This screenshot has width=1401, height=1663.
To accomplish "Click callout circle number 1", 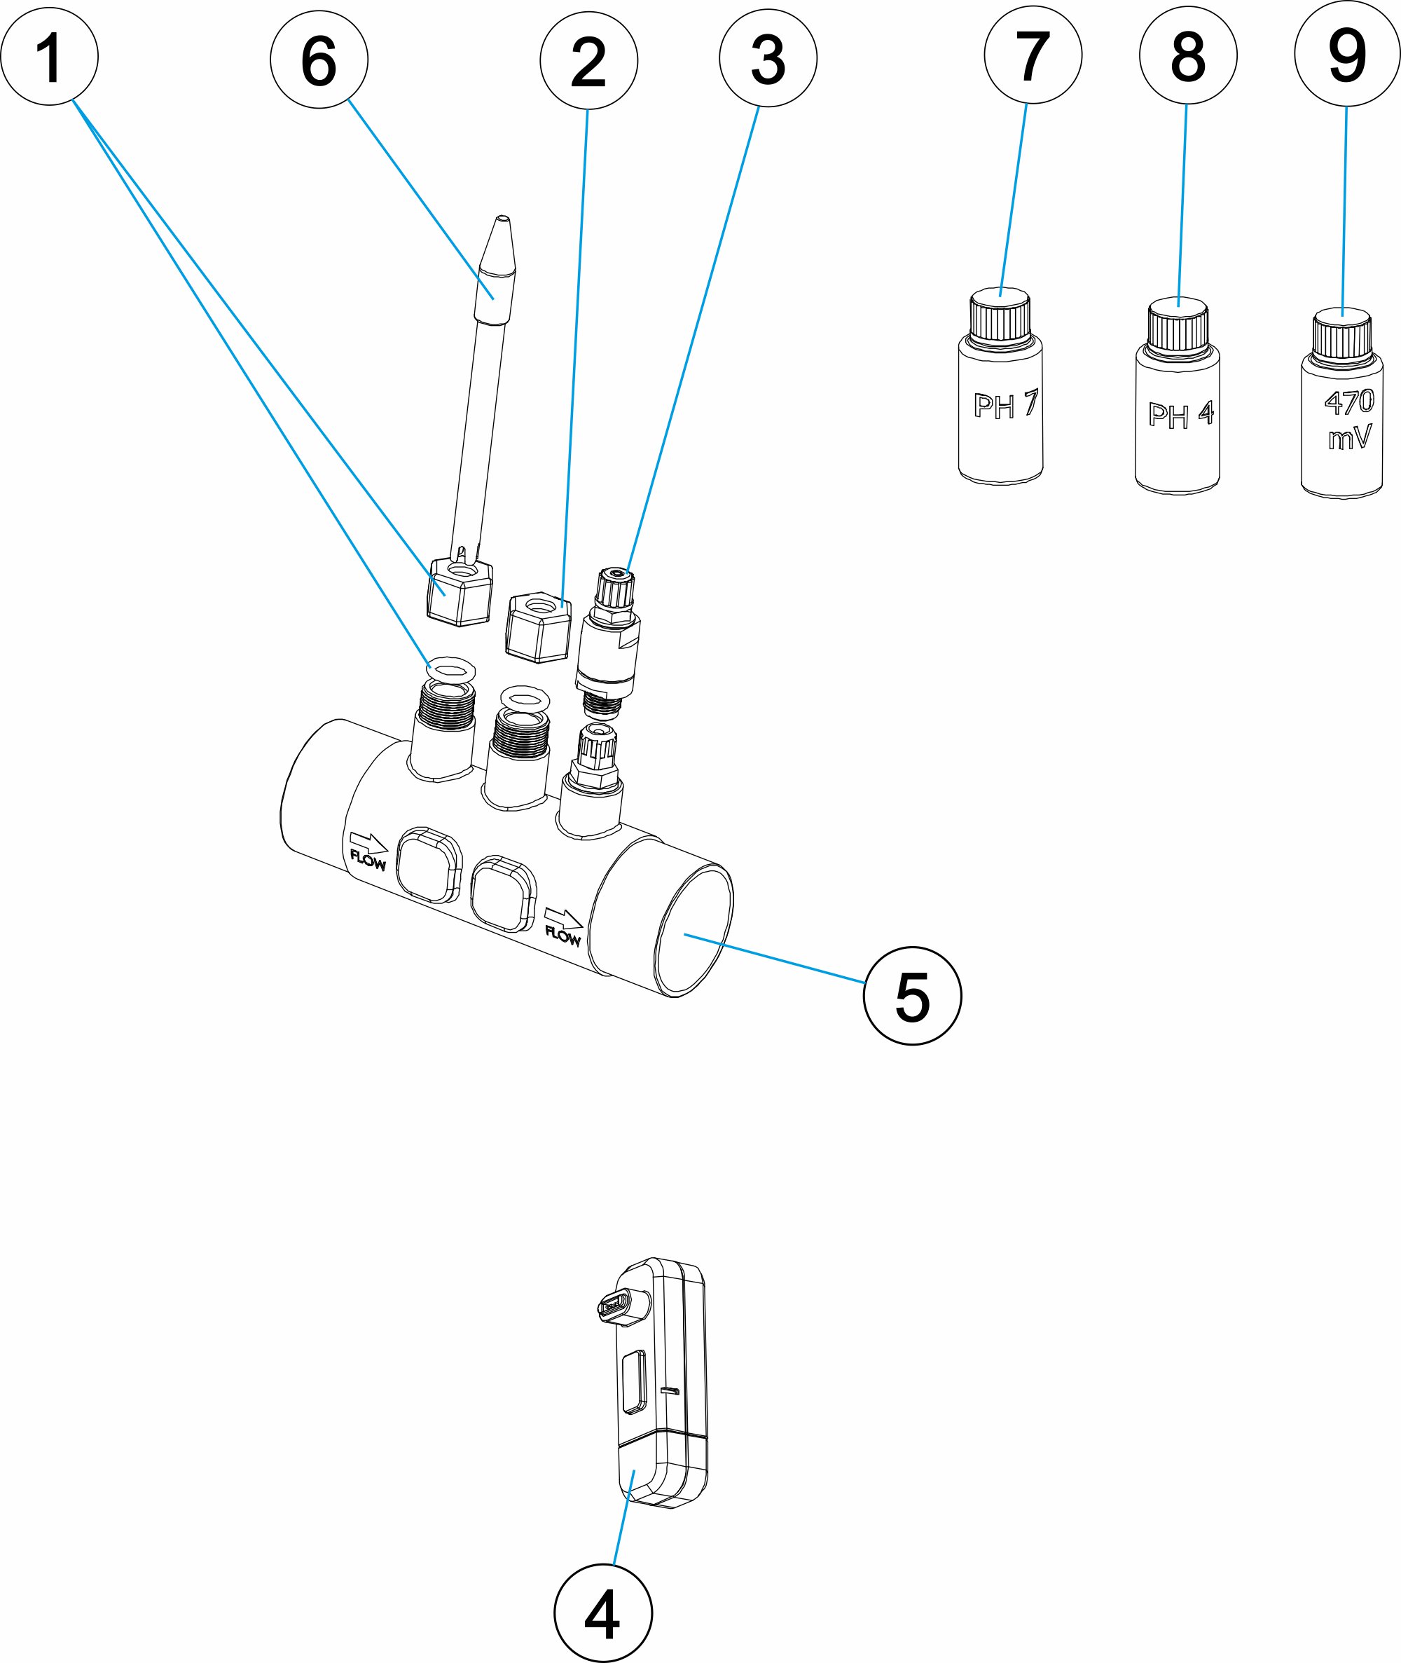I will tap(49, 57).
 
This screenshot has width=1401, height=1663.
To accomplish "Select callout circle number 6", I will tap(319, 60).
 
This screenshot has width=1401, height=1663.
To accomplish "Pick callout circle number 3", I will tap(768, 59).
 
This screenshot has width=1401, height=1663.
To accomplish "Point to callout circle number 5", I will tap(912, 996).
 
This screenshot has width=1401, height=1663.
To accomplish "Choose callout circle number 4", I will tap(603, 1613).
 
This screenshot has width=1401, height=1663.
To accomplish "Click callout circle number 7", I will tap(1033, 55).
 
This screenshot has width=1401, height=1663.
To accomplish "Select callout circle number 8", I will tap(1187, 55).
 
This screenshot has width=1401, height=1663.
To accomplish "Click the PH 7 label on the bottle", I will tap(1005, 404).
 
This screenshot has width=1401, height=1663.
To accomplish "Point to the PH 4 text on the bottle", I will tap(1180, 414).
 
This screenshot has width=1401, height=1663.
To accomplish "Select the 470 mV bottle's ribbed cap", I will tap(1341, 335).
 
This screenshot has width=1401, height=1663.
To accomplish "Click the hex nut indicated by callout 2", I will tap(539, 627).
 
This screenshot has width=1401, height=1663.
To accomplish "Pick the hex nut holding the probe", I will tap(459, 591).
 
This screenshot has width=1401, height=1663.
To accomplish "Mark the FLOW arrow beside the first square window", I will tap(368, 850).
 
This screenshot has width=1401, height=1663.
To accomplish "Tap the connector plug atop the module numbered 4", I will tap(623, 1305).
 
